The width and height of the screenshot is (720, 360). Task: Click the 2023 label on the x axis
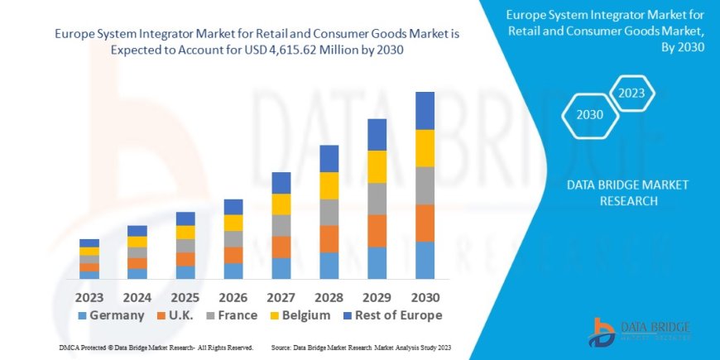(x=89, y=296)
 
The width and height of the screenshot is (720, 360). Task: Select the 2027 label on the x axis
(x=281, y=296)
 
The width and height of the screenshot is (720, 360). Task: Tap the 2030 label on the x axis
(x=425, y=296)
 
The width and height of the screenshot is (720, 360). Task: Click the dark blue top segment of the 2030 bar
(x=425, y=110)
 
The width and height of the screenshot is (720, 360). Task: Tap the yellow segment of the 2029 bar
(x=377, y=166)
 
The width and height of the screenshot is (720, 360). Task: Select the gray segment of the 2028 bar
(x=329, y=212)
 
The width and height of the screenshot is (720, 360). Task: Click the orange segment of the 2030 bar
(x=425, y=223)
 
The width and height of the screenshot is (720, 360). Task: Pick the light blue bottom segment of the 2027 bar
(x=281, y=268)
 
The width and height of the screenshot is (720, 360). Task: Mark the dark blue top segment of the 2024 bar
(x=137, y=231)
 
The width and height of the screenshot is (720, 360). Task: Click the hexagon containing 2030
(x=589, y=115)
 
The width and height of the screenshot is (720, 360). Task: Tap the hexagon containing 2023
(x=631, y=93)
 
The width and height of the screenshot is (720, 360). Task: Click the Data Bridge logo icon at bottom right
(x=602, y=332)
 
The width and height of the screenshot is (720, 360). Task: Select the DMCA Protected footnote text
(x=157, y=348)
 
